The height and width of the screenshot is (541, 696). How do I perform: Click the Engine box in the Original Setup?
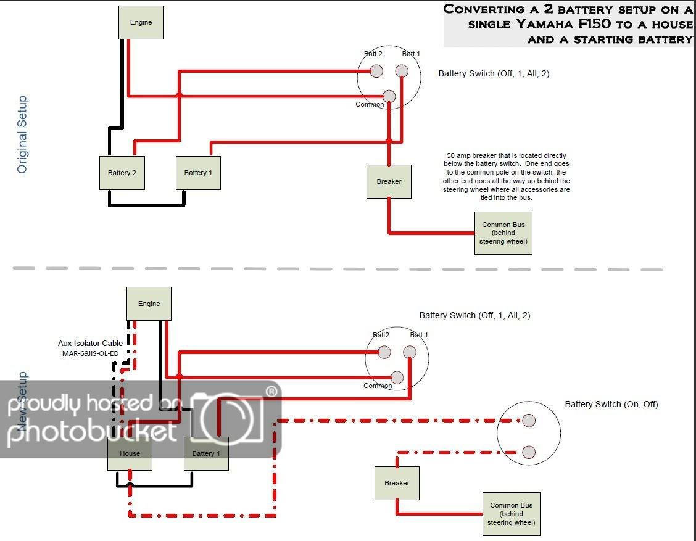coord(141,23)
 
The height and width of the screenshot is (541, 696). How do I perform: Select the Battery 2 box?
coord(122,173)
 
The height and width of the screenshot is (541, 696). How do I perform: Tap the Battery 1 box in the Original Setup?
coord(198,173)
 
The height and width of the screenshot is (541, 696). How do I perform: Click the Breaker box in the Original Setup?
coord(389,181)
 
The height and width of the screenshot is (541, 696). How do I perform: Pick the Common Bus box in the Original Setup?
coord(503,233)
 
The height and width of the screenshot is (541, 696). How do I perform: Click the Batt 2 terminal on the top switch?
coord(376,72)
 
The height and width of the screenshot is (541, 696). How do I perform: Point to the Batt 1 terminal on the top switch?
coord(402,72)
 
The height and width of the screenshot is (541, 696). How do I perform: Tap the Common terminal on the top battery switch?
coord(389,96)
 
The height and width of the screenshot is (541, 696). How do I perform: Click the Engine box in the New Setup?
coord(149,304)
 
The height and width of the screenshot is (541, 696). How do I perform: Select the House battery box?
coord(130,453)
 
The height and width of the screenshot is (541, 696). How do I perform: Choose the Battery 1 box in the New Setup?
coord(206,453)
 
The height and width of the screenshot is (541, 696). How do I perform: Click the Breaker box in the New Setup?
coord(397,483)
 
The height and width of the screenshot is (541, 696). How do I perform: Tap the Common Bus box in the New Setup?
coord(511,514)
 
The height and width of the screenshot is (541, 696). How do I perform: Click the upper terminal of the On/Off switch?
coord(528,421)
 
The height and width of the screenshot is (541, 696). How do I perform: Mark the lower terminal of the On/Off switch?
coord(528,452)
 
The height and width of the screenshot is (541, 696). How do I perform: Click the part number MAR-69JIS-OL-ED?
coord(88,354)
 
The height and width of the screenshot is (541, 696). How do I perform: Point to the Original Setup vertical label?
coord(22,134)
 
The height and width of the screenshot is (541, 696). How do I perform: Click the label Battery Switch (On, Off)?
coord(611,404)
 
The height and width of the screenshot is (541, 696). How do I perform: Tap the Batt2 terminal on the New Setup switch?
coord(384,352)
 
